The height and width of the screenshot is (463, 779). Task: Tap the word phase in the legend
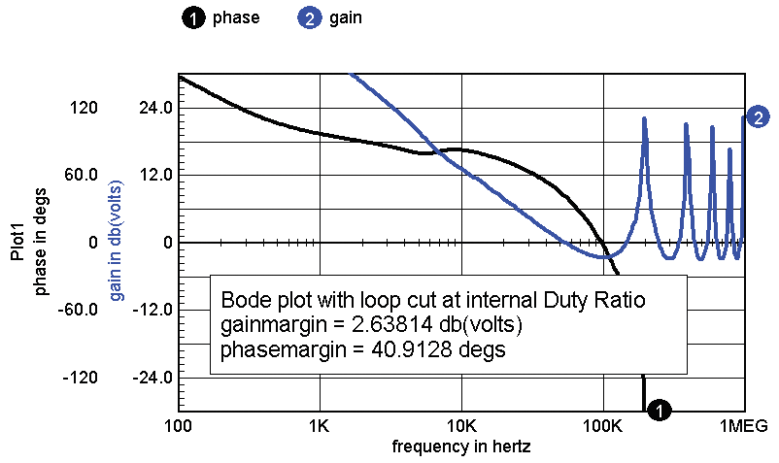[x=236, y=17]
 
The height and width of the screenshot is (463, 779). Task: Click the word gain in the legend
[x=346, y=17]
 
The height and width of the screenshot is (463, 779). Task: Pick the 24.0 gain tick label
[x=155, y=107]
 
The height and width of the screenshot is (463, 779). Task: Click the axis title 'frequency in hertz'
[x=461, y=447]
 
